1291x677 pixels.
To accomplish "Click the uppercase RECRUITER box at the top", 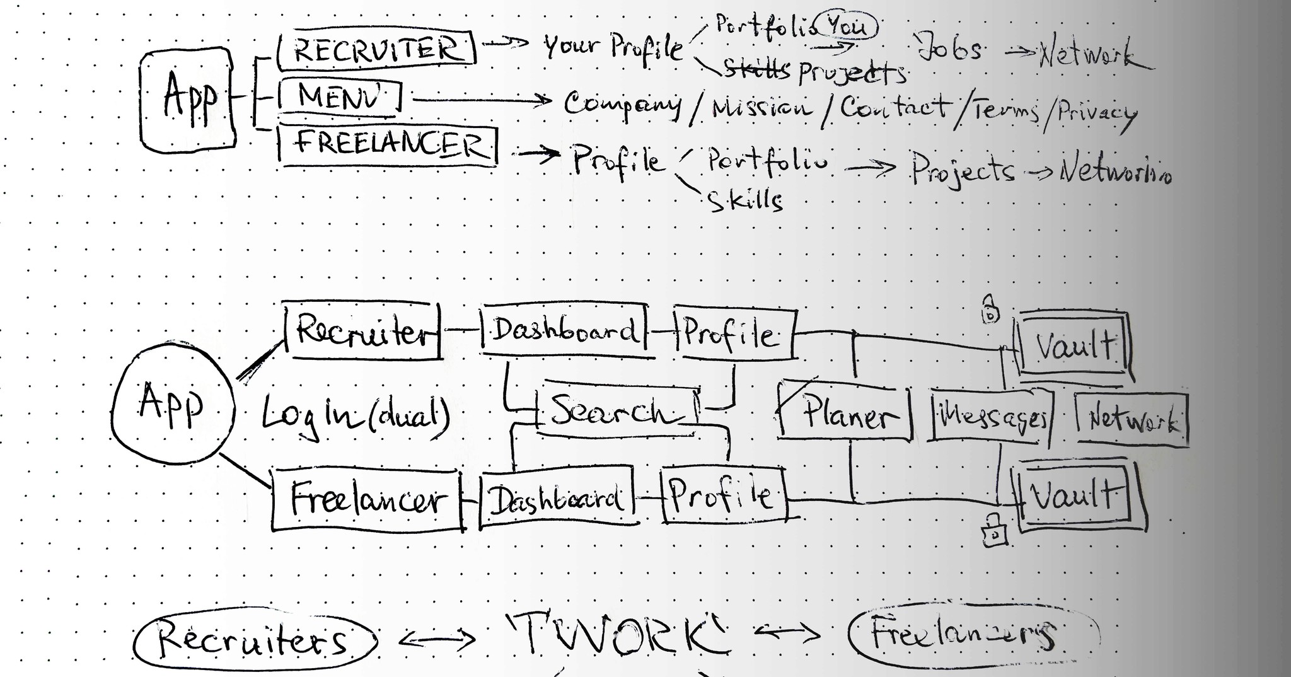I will click(x=377, y=49).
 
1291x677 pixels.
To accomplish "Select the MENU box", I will click(x=340, y=98).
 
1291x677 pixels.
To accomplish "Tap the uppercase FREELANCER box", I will click(x=388, y=146).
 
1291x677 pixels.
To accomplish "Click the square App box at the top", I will click(x=187, y=100).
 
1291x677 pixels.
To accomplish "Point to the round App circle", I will click(x=173, y=403).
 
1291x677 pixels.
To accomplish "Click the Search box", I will click(x=617, y=410).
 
